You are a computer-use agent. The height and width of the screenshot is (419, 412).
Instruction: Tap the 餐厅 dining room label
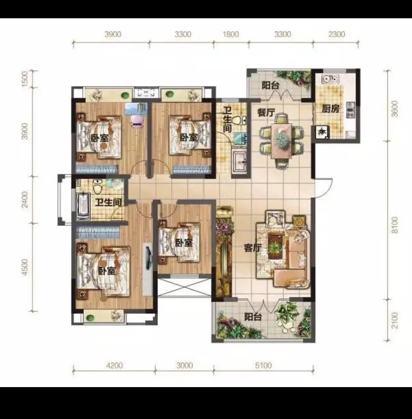(266, 113)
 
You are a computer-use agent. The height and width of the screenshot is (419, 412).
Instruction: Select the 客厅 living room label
(252, 248)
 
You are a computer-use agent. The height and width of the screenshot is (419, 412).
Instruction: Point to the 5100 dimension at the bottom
(263, 366)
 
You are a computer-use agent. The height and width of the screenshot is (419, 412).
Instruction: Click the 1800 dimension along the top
(231, 34)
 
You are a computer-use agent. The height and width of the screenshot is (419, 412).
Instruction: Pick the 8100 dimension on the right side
(395, 225)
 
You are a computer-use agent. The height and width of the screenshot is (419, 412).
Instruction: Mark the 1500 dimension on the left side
(26, 79)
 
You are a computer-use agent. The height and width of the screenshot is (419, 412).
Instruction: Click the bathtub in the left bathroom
(83, 206)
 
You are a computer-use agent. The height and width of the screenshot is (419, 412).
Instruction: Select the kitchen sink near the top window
(330, 79)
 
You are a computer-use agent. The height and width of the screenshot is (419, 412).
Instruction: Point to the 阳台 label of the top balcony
(270, 85)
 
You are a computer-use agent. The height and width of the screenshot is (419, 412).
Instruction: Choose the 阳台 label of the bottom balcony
(253, 317)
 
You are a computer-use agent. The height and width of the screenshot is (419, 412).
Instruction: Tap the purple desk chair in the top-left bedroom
(137, 121)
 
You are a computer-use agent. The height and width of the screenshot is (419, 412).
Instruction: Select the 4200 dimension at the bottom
(114, 366)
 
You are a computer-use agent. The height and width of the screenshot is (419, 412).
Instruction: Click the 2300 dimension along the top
(336, 34)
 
